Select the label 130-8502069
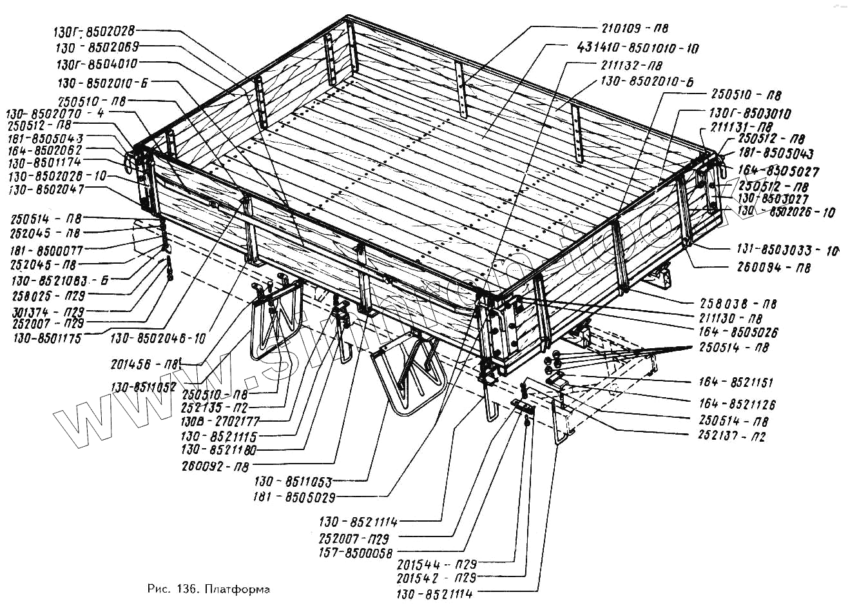97,47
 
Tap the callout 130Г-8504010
97,64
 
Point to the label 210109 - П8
634,28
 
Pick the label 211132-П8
631,66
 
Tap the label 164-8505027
778,172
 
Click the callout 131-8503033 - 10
787,250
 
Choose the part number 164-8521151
737,382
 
